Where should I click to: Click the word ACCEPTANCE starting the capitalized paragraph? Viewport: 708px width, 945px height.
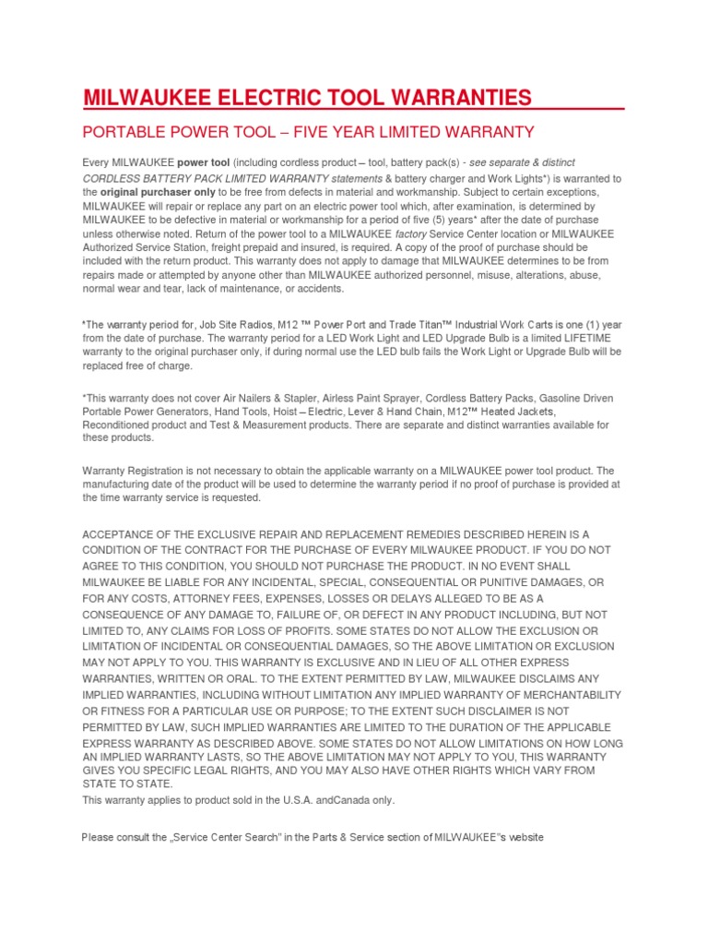click(124, 534)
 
